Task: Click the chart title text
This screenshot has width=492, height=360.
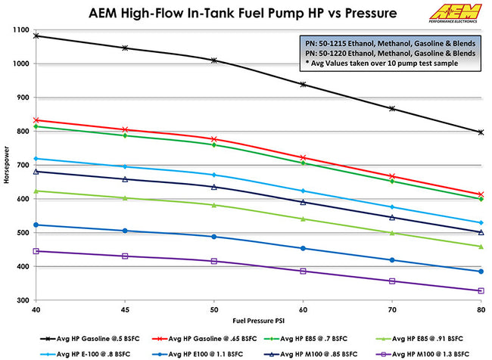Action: click(x=231, y=14)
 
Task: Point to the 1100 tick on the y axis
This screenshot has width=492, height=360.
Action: click(x=20, y=29)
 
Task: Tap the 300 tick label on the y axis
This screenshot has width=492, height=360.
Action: click(x=22, y=300)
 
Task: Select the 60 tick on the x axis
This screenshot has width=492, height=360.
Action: click(x=304, y=310)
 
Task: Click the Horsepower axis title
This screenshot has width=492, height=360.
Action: click(x=7, y=165)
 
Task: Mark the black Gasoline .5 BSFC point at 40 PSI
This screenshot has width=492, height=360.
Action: click(x=36, y=36)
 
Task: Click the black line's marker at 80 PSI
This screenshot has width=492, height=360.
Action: click(x=481, y=132)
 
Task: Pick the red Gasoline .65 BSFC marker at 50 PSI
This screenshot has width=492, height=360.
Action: click(x=214, y=139)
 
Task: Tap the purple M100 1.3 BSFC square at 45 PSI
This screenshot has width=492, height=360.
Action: click(x=125, y=256)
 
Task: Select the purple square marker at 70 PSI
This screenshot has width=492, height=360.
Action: click(x=392, y=281)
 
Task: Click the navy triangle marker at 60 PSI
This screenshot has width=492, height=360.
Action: click(x=304, y=202)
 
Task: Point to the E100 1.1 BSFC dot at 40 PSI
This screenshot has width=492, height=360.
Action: click(x=36, y=225)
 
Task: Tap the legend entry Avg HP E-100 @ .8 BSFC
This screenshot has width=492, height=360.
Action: click(x=83, y=352)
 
